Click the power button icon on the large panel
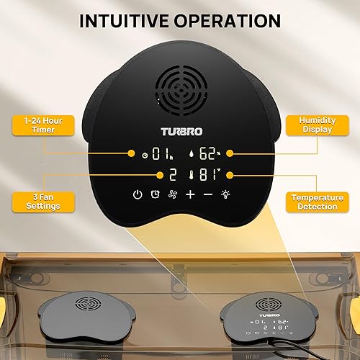point(137,194)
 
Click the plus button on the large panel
point(190,194)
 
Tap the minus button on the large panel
point(207,194)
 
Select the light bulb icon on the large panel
point(226,194)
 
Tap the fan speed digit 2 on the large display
point(174,174)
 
